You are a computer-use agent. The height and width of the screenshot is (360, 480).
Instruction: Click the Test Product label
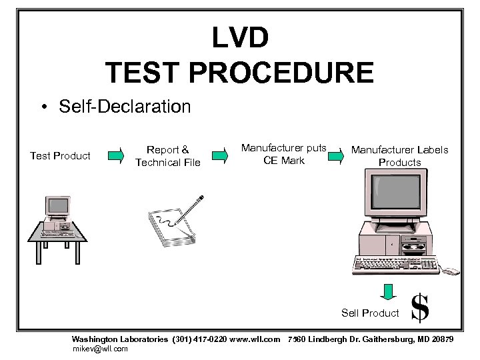point(60,156)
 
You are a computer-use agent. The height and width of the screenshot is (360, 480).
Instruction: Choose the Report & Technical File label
point(167,156)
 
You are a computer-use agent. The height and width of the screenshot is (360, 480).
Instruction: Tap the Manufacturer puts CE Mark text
point(283,154)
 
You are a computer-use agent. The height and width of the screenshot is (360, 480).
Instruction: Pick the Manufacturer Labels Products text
point(399,156)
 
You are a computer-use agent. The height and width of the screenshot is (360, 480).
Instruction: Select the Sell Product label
point(370,313)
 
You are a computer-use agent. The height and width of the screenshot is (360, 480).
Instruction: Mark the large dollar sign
point(419,309)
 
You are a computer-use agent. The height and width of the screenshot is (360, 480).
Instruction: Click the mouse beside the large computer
point(451,271)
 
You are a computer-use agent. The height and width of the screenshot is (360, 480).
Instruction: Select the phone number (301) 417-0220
point(199,339)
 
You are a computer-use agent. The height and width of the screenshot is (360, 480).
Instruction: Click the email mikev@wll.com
point(99,348)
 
